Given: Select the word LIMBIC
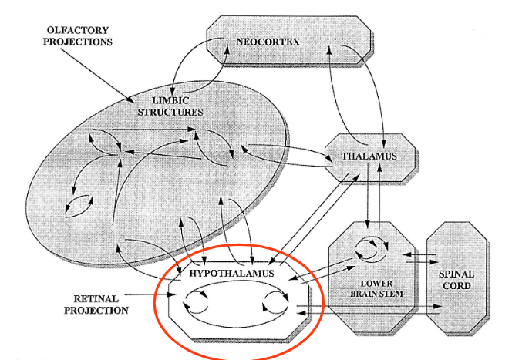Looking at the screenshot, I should click(170, 100).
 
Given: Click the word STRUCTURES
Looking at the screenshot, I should click(170, 113).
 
